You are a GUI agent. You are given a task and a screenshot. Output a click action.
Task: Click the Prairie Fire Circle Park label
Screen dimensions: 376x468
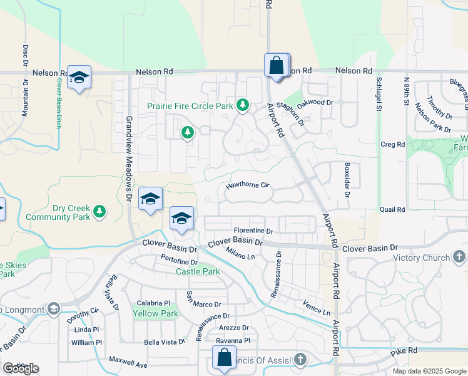190,105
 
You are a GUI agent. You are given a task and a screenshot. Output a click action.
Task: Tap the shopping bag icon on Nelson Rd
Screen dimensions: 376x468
277,65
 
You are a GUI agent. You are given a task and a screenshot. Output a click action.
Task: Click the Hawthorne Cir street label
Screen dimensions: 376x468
247,185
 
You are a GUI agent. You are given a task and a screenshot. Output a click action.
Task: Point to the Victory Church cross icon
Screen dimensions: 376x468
459,257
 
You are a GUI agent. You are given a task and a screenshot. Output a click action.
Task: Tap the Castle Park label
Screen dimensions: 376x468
198,271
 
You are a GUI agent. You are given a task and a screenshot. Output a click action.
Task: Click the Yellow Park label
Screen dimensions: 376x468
155,313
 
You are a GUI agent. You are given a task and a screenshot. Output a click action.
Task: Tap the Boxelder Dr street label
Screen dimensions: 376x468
347,179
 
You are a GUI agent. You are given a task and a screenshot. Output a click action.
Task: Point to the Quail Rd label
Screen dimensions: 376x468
392,209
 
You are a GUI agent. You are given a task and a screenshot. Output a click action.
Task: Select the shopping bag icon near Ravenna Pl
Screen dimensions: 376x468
224,358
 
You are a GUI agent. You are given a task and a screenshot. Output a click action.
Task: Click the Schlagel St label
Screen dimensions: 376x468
379,93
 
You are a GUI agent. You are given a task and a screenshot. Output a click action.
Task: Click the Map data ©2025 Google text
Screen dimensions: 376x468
428,371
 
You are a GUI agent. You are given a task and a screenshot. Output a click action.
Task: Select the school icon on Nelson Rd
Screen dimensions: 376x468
79,77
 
